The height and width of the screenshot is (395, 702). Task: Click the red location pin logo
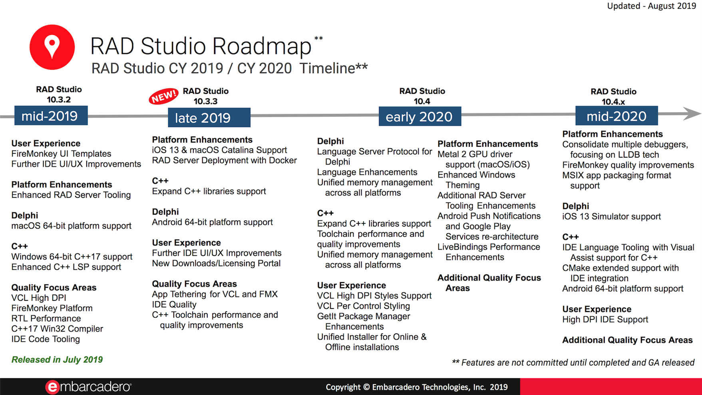52,47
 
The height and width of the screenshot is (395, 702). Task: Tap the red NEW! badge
163,96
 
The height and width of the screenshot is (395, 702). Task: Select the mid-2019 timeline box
51,116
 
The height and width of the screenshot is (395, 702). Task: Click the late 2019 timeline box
209,117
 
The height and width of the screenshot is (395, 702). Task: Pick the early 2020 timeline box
420,116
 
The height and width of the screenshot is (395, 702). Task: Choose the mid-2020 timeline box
616,116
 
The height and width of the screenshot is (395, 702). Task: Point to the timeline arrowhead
692,114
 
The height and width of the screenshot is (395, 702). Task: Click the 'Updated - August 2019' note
651,6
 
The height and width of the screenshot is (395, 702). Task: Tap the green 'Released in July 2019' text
57,359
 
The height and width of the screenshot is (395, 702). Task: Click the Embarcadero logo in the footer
88,387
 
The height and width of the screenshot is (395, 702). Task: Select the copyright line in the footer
416,387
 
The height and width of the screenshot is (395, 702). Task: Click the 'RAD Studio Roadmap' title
201,46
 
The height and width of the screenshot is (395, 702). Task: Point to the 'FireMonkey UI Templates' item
61,154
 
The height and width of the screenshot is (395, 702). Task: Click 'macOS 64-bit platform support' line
71,226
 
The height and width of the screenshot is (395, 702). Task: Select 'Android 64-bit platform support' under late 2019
212,222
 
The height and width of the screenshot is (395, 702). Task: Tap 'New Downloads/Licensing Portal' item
216,263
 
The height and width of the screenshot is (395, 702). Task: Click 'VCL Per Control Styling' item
363,306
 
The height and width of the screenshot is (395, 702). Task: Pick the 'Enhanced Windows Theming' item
476,180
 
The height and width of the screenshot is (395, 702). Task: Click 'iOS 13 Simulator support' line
611,217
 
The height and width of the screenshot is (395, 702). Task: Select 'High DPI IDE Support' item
605,319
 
